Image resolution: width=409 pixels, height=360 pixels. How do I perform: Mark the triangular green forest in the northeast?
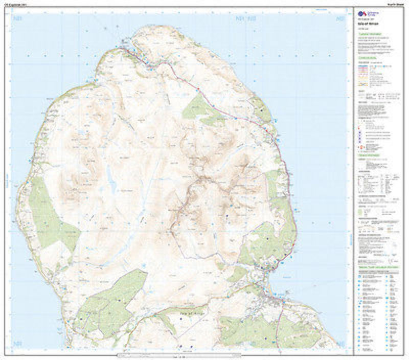coord(197,108)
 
